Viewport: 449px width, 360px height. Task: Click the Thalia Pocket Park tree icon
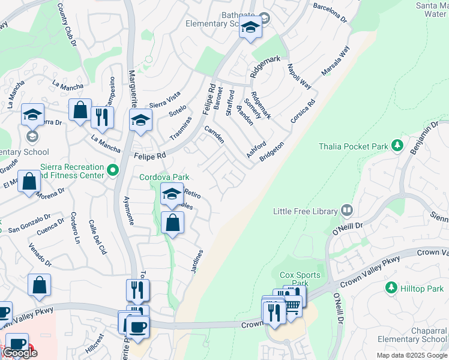tap(396, 146)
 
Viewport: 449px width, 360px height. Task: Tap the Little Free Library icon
tap(346, 211)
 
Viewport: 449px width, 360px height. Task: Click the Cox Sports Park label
tap(300, 279)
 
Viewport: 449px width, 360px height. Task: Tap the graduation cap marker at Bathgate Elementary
tap(250, 28)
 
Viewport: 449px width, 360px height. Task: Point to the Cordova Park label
tap(164, 177)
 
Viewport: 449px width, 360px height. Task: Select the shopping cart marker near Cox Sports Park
tap(292, 306)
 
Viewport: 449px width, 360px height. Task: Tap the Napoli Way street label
tap(298, 77)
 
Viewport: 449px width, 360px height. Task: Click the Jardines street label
tap(197, 262)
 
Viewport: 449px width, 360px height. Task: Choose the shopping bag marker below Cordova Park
tap(172, 223)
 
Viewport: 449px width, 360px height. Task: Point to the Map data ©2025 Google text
tap(412, 355)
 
